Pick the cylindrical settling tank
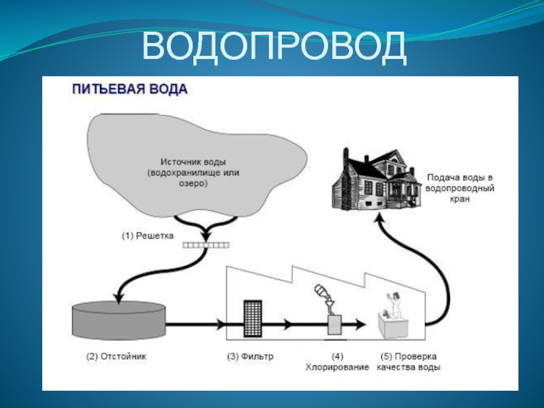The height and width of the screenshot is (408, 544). [x=118, y=320]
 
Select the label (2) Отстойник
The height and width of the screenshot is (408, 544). [x=116, y=356]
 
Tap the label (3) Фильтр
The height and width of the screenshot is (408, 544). [x=249, y=356]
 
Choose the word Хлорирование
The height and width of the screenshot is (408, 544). [x=337, y=367]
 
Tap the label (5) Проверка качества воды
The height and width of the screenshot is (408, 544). [x=407, y=361]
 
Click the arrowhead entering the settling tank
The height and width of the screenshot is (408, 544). [x=118, y=297]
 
